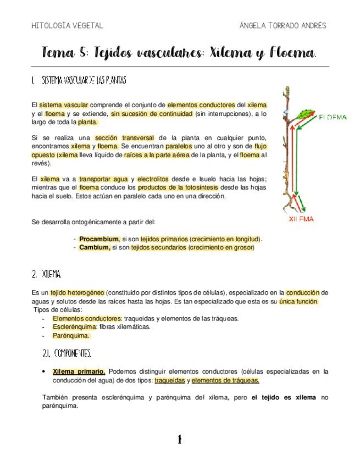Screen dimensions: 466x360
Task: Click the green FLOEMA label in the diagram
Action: pos(333,117)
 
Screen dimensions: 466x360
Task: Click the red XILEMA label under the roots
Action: pos(302,219)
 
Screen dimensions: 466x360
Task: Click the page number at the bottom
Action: pos(179,439)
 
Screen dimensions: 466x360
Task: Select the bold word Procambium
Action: pos(99,239)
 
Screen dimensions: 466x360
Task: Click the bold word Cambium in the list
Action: pos(95,248)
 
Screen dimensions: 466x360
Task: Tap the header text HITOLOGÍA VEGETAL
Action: pos(67,26)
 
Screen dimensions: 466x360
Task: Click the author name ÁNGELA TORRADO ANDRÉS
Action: pos(283,26)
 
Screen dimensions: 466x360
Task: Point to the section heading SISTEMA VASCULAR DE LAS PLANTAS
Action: pos(79,81)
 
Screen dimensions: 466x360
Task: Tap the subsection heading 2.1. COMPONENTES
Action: pos(67,352)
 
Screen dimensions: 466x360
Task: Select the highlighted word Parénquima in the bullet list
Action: pos(71,335)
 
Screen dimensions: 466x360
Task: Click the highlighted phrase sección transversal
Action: pos(124,138)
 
